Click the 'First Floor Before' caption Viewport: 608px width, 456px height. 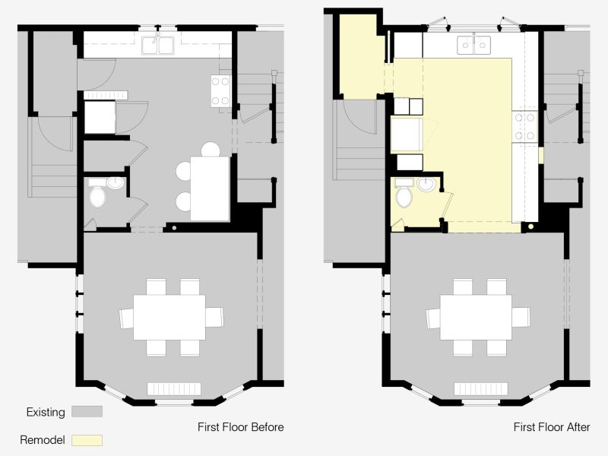(240, 427)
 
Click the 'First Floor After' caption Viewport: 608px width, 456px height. (552, 427)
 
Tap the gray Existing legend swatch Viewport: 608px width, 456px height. (87, 412)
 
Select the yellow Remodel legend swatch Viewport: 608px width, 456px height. (87, 441)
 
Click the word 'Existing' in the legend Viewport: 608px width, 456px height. (46, 412)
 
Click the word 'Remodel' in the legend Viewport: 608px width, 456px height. (43, 440)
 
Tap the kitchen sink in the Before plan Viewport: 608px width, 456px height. (157, 45)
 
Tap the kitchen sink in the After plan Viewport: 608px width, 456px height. (473, 45)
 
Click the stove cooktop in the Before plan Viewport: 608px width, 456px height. (220, 91)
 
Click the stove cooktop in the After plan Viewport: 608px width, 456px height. (524, 126)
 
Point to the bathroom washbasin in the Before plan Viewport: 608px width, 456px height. (116, 183)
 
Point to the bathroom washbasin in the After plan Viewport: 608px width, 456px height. (426, 185)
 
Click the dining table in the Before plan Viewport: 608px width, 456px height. (169, 317)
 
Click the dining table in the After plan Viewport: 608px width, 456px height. (476, 317)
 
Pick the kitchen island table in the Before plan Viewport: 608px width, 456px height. (211, 188)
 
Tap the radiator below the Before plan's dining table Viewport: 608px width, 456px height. (174, 389)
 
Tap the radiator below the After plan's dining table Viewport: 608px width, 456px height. (481, 389)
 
